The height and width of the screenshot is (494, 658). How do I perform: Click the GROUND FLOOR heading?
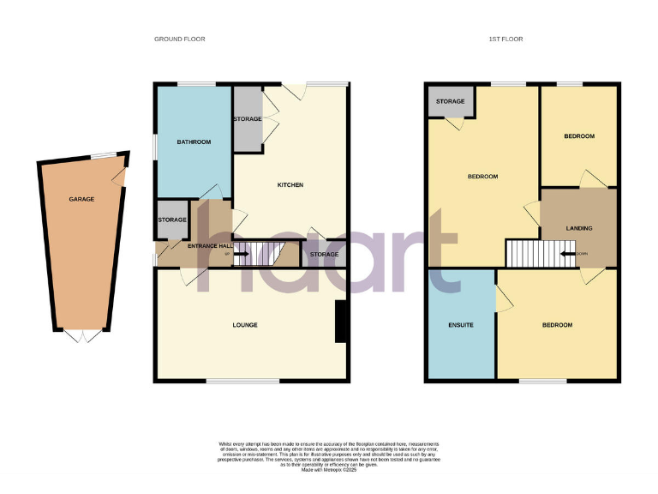179,39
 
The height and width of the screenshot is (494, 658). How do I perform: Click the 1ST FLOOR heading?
505,39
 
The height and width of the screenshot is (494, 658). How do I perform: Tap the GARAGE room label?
81,199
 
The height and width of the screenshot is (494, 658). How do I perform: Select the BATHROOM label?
194,142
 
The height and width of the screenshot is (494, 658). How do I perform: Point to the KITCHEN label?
290,185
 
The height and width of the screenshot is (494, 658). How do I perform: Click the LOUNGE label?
245,325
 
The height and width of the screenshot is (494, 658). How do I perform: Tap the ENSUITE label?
461,325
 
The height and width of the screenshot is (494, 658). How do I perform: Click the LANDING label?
579,228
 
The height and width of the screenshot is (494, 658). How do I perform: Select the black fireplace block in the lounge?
341,322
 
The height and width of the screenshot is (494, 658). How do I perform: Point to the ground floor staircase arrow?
241,254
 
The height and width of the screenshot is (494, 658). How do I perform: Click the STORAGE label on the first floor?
451,102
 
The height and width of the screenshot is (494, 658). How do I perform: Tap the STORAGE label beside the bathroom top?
248,119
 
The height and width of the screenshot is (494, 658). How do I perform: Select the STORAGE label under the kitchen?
324,255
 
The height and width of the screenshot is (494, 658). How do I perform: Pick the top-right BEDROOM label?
578,136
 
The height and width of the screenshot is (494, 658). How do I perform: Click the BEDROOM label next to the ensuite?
557,325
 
